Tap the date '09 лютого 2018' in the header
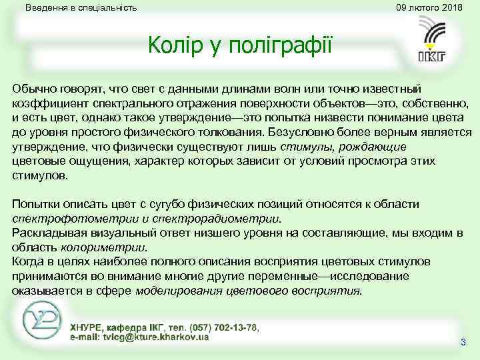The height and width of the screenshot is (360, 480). (429, 8)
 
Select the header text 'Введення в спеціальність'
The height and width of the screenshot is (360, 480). (81, 8)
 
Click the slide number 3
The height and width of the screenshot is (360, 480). (463, 342)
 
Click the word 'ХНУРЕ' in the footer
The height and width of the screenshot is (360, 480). (87, 327)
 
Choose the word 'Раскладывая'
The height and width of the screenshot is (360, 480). (45, 233)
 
